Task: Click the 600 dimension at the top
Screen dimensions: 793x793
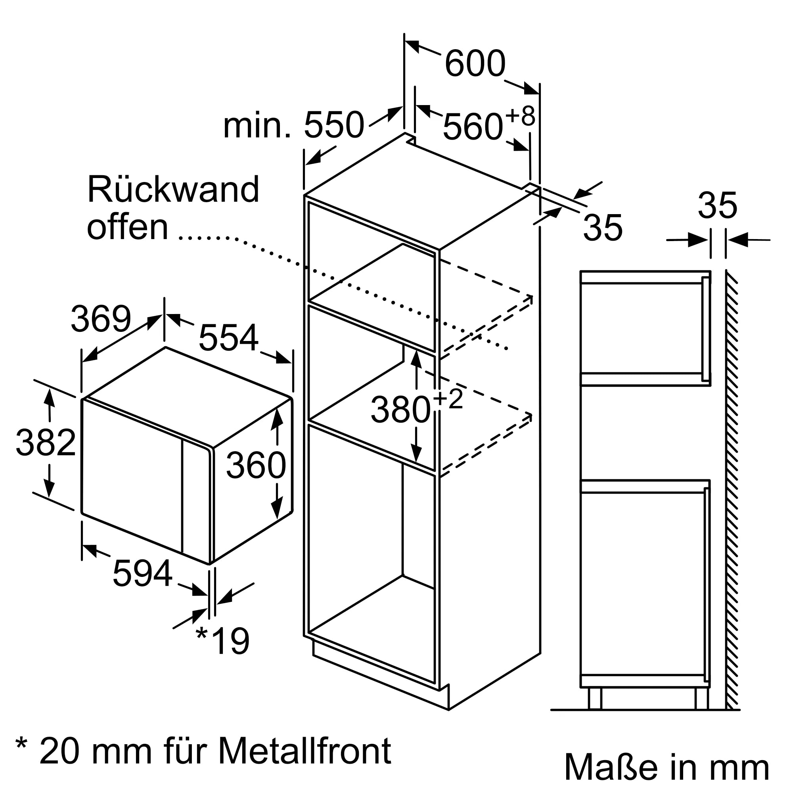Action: point(475,64)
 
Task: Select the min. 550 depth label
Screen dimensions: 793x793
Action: point(293,125)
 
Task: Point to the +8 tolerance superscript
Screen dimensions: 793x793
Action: point(520,116)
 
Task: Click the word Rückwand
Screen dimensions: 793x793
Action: point(173,190)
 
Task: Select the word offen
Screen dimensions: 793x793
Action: point(128,228)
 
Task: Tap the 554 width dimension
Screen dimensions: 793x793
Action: point(228,338)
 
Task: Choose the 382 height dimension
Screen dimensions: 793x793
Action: point(46,443)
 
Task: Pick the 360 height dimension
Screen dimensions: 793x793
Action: point(256,465)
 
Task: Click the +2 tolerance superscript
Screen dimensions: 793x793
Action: point(448,398)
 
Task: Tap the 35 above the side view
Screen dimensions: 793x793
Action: point(718,206)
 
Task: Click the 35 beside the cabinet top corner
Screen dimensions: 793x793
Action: point(603,228)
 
